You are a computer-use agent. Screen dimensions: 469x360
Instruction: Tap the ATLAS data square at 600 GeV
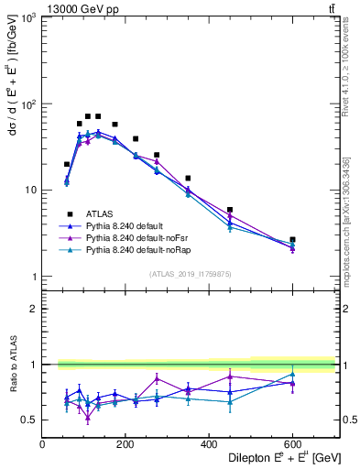(292, 239)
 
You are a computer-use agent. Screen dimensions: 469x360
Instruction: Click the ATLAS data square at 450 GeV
(230, 210)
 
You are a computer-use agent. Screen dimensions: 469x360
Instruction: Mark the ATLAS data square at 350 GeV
(188, 178)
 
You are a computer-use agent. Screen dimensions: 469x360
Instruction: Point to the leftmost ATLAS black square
(67, 164)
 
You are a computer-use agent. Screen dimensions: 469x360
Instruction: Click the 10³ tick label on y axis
(27, 18)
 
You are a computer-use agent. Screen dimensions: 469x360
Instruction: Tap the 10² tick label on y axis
(27, 104)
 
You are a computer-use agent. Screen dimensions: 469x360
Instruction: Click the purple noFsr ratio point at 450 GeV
(230, 376)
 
